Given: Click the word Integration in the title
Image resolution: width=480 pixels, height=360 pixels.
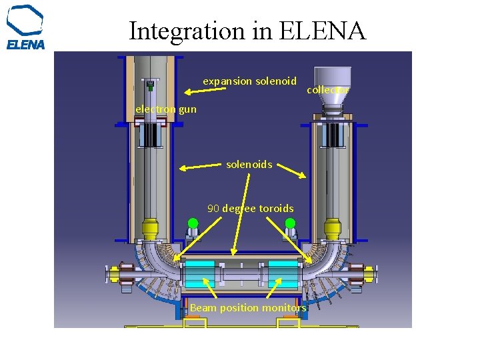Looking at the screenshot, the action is tap(187, 31).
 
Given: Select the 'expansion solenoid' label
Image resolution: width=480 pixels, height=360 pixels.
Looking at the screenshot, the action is tap(249, 81).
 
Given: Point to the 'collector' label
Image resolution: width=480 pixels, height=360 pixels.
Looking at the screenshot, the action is tap(327, 90).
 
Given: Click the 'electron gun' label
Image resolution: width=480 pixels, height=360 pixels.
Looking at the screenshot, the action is tap(166, 109).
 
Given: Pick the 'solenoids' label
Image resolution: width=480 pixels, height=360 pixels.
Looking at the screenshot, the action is tap(249, 164).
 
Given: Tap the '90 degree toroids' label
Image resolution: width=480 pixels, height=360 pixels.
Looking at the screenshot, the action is tap(250, 209).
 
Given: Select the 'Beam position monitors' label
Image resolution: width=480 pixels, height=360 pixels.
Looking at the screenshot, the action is tap(248, 308).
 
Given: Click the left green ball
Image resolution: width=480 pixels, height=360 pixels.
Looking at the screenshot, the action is tap(193, 223).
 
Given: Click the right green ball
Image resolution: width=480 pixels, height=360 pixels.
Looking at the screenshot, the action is tap(289, 223).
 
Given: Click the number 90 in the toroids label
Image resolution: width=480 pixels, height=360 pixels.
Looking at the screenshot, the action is tap(213, 209).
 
